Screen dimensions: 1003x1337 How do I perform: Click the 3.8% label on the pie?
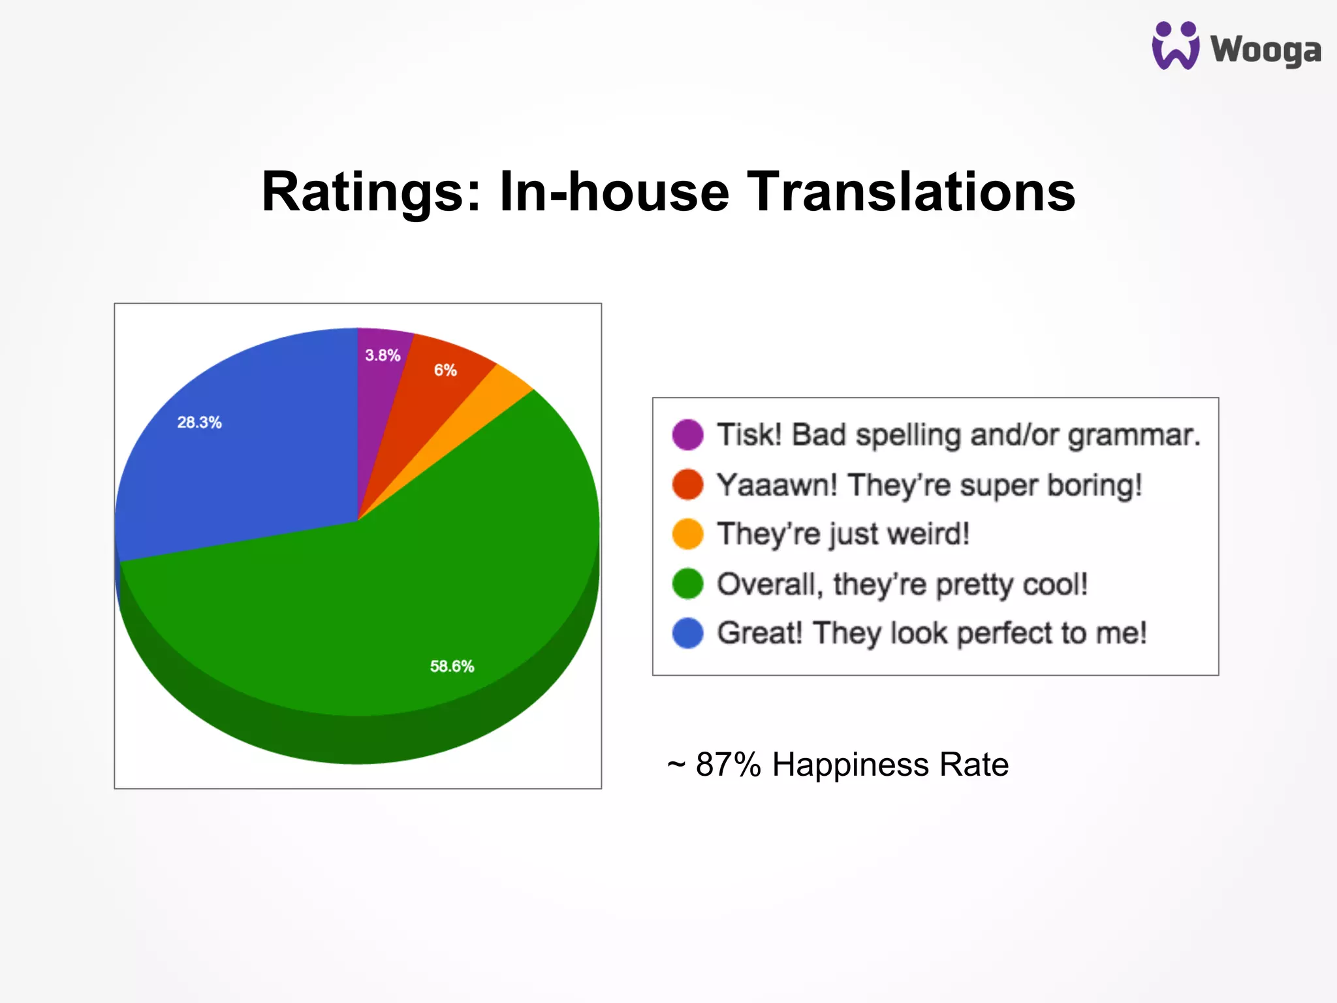pos(382,356)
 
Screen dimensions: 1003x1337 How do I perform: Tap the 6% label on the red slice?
pos(445,370)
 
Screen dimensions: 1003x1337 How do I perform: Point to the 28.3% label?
pos(200,422)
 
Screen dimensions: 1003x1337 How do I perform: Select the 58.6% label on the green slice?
pos(452,666)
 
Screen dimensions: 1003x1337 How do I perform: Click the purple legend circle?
pos(687,435)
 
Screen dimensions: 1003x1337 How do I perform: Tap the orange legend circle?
pos(687,534)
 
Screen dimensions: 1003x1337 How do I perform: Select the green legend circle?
pos(687,584)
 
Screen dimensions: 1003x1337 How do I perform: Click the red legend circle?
pos(687,485)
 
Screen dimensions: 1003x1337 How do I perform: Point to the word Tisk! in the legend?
pos(749,435)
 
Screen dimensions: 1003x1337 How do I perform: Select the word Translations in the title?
pos(911,191)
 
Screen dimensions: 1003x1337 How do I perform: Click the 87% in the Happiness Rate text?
pos(728,765)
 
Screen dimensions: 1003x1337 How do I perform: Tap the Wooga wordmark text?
pos(1265,50)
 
